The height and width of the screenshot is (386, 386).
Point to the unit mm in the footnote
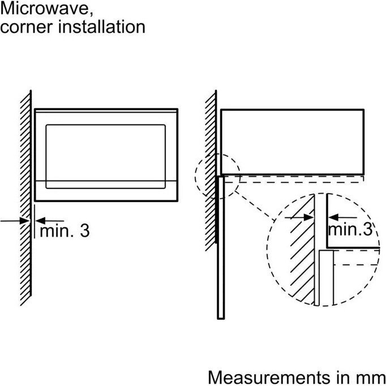[371, 376]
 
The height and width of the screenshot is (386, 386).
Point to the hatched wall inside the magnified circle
[302, 249]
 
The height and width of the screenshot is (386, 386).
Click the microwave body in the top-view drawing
[291, 141]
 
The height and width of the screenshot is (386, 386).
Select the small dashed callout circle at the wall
[217, 175]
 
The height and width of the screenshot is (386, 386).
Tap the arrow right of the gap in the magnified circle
[339, 216]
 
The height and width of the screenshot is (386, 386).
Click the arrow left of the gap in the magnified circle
[299, 216]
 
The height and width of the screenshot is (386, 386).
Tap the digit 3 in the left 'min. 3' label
[84, 230]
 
